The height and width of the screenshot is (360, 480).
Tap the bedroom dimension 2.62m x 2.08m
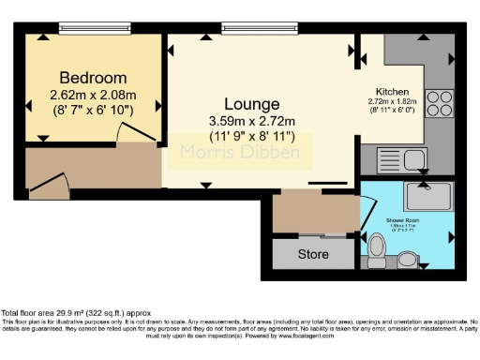pyautogui.click(x=93, y=95)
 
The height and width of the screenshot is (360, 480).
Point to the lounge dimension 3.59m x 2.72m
pyautogui.click(x=251, y=120)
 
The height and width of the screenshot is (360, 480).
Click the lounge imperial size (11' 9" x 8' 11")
pyautogui.click(x=251, y=137)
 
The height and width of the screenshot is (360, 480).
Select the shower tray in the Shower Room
pyautogui.click(x=427, y=196)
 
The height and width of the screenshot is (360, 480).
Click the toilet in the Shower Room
pyautogui.click(x=377, y=247)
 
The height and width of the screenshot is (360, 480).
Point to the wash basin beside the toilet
pyautogui.click(x=409, y=258)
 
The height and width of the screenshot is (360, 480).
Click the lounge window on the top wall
pyautogui.click(x=250, y=28)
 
